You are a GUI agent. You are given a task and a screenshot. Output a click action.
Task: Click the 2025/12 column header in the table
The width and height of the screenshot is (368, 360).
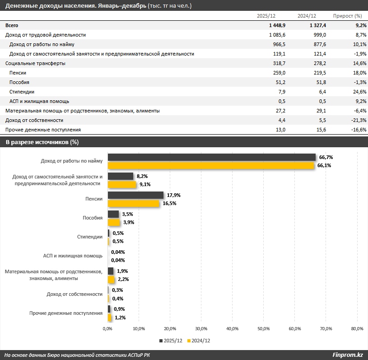click(x=266, y=16)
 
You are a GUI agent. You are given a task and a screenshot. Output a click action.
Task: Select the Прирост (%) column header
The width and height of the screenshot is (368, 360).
click(x=348, y=16)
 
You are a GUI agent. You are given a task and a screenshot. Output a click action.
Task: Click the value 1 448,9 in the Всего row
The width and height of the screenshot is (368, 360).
click(x=277, y=25)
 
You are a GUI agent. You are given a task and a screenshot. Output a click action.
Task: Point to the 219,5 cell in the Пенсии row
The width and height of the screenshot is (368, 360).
click(x=318, y=73)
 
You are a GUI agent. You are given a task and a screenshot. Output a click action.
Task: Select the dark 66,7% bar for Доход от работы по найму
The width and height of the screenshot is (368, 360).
click(x=211, y=157)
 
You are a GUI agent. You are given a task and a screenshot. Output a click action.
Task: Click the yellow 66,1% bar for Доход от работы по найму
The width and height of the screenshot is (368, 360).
click(x=210, y=166)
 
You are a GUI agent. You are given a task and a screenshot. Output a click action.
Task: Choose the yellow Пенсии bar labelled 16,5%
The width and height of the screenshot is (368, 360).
click(x=133, y=204)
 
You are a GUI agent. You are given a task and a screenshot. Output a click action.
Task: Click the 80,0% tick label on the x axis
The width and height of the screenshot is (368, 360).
click(x=357, y=328)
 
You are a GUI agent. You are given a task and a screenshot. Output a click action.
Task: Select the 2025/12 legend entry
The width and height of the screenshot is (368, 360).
click(x=171, y=341)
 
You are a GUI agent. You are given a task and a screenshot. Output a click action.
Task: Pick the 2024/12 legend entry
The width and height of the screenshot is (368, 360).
click(x=199, y=341)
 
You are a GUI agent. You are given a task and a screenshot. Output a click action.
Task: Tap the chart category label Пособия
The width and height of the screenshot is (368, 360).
click(x=93, y=218)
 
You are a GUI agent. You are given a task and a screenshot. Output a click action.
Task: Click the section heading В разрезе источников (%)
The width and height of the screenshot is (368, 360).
click(x=42, y=142)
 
